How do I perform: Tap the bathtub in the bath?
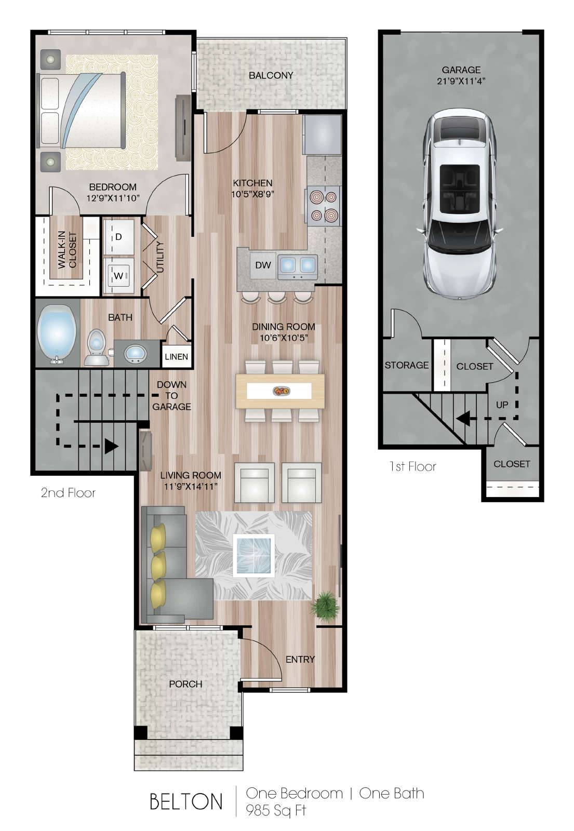[57, 333]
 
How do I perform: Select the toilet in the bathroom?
[97, 347]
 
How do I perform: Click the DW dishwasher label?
[263, 265]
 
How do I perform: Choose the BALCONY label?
[271, 75]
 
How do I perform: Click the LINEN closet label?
[176, 356]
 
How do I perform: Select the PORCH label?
[185, 683]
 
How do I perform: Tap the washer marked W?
[119, 276]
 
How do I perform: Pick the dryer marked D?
[119, 237]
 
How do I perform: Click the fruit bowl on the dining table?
[281, 391]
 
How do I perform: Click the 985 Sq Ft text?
[276, 810]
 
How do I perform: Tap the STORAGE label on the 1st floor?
[406, 365]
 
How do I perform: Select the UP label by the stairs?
[502, 405]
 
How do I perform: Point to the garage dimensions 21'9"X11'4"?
[461, 81]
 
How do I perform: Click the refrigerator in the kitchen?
[322, 135]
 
